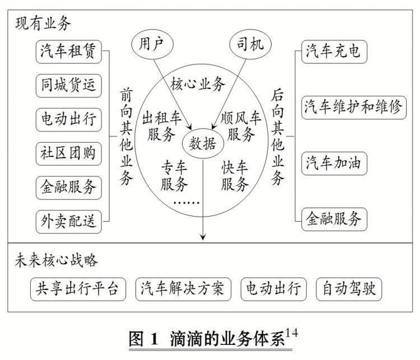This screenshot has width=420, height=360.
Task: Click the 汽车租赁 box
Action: (68, 52)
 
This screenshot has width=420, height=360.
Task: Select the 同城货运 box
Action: (68, 86)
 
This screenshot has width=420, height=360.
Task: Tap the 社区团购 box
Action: (68, 154)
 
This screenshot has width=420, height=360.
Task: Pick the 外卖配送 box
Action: (68, 222)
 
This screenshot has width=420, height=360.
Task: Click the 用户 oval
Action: (152, 44)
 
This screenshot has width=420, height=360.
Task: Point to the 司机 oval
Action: (250, 44)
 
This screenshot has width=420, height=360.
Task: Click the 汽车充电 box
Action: (334, 52)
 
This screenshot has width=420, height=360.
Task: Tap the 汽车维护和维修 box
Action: (353, 107)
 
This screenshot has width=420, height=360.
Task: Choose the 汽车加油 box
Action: (334, 163)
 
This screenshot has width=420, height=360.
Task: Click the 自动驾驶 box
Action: (349, 289)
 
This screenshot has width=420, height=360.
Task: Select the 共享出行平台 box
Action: (78, 289)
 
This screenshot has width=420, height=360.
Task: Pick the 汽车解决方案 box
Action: (183, 289)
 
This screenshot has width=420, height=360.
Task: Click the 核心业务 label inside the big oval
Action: (198, 84)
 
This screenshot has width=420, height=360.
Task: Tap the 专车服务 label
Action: (174, 176)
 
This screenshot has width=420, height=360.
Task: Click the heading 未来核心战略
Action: (56, 260)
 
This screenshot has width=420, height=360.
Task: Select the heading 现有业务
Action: (43, 23)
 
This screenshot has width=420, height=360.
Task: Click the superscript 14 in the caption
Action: (292, 333)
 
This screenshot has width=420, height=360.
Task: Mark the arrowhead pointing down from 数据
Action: (203, 237)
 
